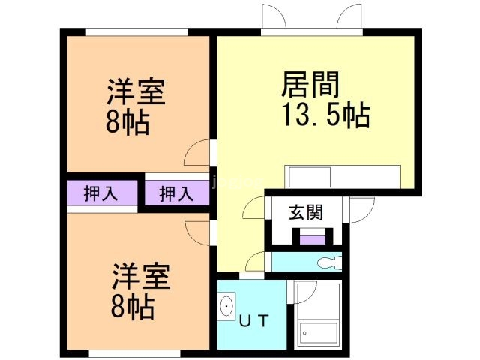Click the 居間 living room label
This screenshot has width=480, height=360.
tap(310, 84)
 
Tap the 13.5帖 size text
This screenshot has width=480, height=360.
tap(326, 115)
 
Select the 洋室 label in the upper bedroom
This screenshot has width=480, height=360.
tap(136, 91)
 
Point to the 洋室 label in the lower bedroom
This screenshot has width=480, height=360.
tap(141, 276)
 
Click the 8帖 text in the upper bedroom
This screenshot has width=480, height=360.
tap(127, 122)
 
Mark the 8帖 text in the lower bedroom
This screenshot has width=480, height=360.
tap(133, 307)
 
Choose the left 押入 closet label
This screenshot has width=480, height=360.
tap(100, 193)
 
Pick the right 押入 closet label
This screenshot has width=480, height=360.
tap(176, 193)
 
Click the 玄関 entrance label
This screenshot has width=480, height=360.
tap(306, 212)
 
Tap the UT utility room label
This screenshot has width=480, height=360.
tap(253, 320)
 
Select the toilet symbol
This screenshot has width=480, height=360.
tap(329, 262)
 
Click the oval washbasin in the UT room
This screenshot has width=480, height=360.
tap(226, 306)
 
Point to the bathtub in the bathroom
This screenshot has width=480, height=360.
tap(319, 333)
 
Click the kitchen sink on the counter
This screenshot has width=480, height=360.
tap(310, 177)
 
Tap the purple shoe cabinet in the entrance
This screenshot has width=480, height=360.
tap(313, 239)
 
